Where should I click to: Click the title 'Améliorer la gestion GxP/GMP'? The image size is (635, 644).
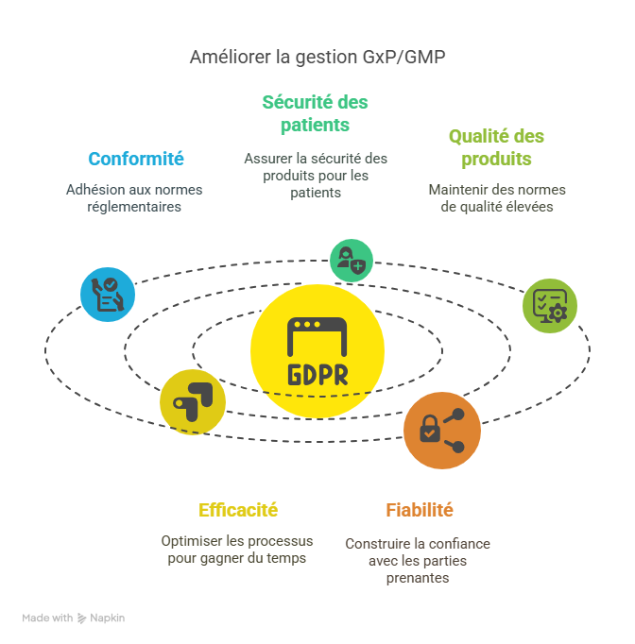point(317,57)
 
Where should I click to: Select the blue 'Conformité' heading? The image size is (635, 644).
point(136,159)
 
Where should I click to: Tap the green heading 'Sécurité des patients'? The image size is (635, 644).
point(316,113)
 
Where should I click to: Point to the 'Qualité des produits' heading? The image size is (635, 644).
point(496,147)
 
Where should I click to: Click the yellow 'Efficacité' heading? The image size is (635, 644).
point(238,510)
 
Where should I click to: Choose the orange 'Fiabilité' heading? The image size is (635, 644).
point(420,510)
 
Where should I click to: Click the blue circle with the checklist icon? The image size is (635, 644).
point(108,295)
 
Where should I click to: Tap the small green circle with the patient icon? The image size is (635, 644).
point(351,259)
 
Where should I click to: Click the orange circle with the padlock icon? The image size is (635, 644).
point(442,430)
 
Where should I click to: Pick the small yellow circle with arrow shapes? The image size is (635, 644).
point(193,401)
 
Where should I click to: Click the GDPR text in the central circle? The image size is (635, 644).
point(317,374)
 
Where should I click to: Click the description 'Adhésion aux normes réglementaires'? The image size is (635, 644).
point(134,198)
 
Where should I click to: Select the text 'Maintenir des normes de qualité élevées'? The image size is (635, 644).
point(497,198)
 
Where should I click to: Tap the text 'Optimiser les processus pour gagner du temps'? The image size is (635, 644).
point(237,550)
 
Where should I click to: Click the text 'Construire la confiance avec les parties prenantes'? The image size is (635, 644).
point(418,561)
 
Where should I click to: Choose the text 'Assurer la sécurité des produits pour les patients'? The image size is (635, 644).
point(316,176)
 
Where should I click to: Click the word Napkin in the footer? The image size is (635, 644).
point(108,618)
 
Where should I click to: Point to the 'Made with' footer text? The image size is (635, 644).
point(47,618)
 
